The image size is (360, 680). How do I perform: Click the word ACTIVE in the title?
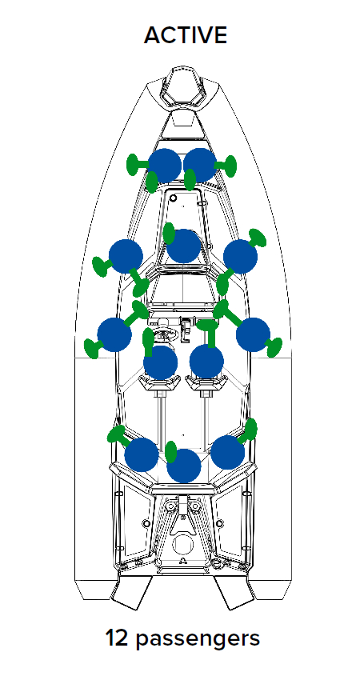tap(186, 35)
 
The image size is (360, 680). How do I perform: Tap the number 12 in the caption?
tap(116, 638)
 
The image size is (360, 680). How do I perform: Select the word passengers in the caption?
tap(198, 640)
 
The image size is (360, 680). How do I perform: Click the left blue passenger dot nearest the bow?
tap(164, 166)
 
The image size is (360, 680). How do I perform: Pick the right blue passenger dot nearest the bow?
tap(200, 166)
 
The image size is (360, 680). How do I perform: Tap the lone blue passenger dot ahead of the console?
tap(184, 246)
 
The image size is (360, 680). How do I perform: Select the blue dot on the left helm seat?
tap(161, 362)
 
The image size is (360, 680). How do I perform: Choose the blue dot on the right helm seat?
tap(206, 362)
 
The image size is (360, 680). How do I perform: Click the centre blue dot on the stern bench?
tap(184, 466)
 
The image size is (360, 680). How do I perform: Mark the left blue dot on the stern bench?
tap(142, 455)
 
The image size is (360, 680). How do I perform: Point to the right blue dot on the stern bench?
tap(228, 452)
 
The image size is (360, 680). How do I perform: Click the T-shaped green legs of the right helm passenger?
tap(210, 331)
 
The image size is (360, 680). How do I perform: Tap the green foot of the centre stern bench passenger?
tap(171, 451)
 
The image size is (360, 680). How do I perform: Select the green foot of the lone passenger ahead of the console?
tap(169, 234)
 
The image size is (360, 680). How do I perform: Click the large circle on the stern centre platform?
tap(182, 544)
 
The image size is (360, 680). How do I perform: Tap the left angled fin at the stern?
tap(131, 593)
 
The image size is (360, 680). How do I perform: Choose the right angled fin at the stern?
tap(234, 593)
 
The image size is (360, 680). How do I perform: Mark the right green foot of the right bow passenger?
tap(230, 166)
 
